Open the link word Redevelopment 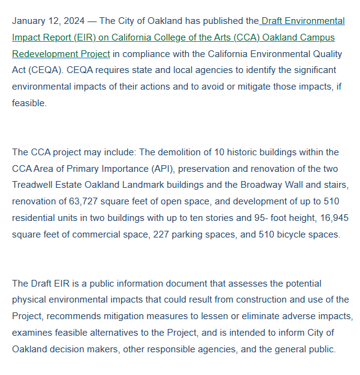click(42, 54)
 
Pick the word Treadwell click(34, 185)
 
